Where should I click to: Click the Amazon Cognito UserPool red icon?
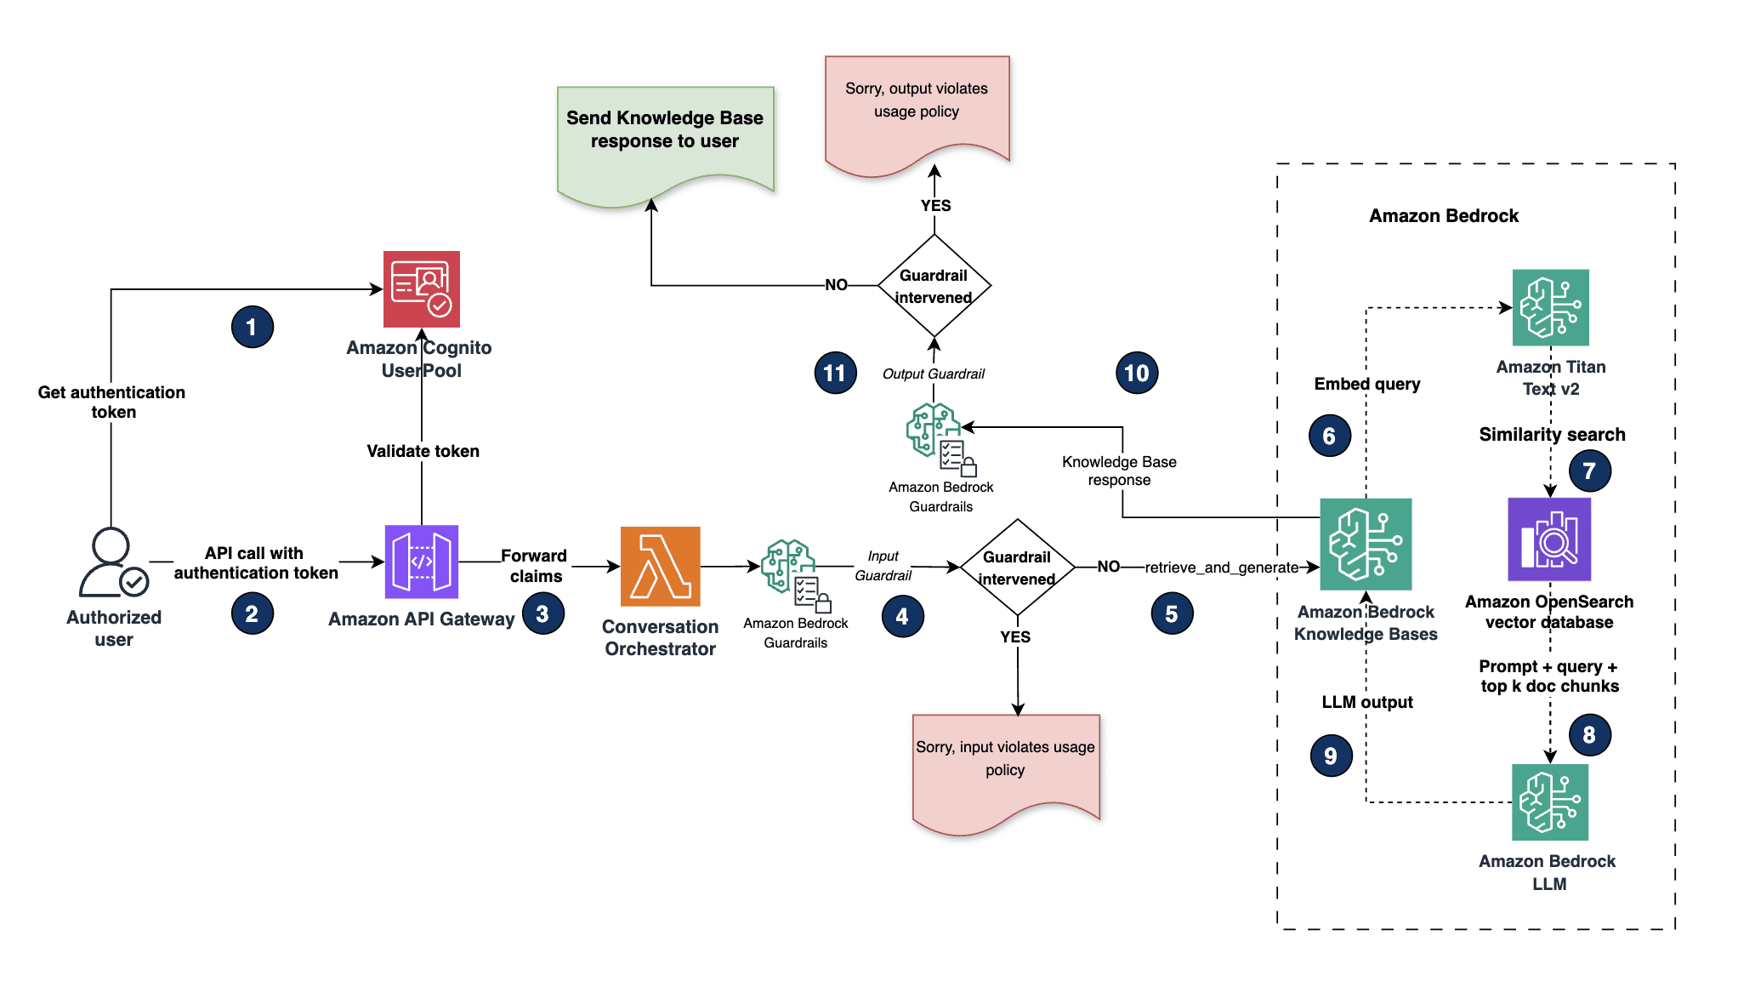pos(421,289)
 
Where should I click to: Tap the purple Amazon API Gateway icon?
pos(421,562)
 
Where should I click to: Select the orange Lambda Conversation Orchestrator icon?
pos(660,566)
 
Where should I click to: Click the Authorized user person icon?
pos(112,563)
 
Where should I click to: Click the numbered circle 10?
pos(1136,373)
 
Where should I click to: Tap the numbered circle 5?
pos(1172,613)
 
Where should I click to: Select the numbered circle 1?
pos(252,327)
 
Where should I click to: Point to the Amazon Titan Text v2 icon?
pos(1550,307)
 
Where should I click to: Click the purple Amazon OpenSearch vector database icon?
pos(1548,539)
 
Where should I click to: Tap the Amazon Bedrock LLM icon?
pos(1549,802)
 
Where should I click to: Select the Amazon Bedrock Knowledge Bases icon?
pos(1366,544)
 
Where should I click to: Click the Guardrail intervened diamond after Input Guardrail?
pos(1017,568)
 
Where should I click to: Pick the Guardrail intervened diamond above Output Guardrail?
pos(934,286)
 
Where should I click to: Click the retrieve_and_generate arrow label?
pos(1221,568)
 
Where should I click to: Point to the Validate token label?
pos(423,451)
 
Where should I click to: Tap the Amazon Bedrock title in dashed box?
pos(1443,216)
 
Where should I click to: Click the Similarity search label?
pos(1552,435)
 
